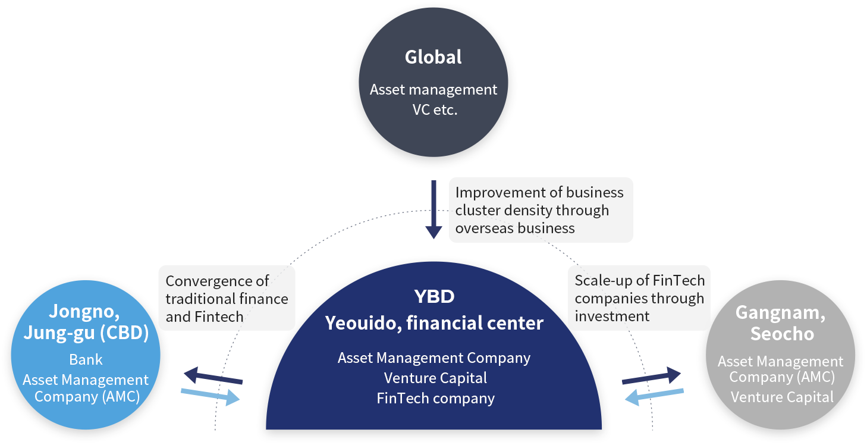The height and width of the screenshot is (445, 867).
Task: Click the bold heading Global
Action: [433, 57]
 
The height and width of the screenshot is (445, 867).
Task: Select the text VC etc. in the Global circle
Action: [435, 109]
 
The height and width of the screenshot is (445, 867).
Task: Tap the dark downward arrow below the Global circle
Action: [434, 209]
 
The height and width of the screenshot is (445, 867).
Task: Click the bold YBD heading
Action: [434, 296]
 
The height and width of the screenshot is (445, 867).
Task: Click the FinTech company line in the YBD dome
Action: [435, 398]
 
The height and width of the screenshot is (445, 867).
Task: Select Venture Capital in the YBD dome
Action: [435, 378]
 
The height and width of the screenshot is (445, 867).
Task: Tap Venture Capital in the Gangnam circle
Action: [782, 397]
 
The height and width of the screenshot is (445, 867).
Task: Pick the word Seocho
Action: [782, 334]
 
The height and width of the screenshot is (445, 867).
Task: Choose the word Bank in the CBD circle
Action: [86, 359]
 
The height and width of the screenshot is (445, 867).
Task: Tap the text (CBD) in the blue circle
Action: [124, 333]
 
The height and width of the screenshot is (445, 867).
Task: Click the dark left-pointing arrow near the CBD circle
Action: [212, 377]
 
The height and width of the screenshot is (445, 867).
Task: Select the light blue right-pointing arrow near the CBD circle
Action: [212, 396]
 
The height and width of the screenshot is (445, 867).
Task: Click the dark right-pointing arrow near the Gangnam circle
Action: [652, 377]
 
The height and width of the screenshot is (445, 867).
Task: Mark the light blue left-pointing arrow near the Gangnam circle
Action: [652, 396]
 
